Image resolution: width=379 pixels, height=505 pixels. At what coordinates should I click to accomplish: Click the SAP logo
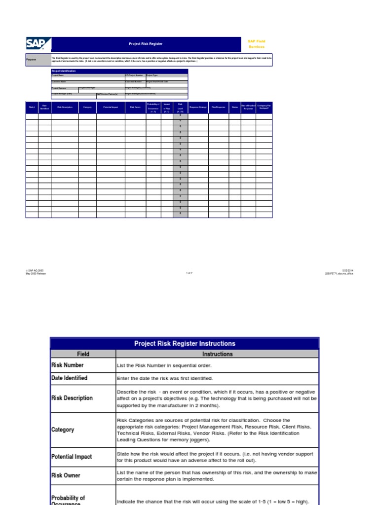[x=36, y=44]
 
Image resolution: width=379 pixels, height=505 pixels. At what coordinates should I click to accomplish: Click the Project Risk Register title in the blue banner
[x=146, y=44]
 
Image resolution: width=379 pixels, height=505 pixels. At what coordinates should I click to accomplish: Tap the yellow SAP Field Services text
[x=256, y=44]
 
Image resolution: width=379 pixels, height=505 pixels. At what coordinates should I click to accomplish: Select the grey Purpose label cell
[x=38, y=60]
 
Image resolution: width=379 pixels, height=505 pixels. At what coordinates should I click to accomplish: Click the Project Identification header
[x=64, y=71]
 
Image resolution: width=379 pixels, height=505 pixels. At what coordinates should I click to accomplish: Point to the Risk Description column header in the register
[x=65, y=107]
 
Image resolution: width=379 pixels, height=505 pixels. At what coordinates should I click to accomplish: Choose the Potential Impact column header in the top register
[x=111, y=107]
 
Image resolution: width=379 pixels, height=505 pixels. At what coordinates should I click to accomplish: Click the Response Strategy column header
[x=198, y=107]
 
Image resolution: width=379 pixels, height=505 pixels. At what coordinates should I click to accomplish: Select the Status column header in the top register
[x=234, y=107]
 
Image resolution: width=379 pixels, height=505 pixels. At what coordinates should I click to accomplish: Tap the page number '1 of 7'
[x=189, y=273]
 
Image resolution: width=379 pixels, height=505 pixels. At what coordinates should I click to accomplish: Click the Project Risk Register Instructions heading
[x=185, y=343]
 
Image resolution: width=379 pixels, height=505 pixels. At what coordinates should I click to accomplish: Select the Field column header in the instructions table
[x=83, y=354]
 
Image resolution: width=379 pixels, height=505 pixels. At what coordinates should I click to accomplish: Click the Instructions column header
[x=217, y=354]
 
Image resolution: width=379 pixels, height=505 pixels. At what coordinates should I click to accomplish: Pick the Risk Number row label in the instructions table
[x=68, y=365]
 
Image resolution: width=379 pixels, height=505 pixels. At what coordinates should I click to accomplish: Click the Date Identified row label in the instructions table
[x=69, y=378]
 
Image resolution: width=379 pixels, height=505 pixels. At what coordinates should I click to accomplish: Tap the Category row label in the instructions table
[x=63, y=430]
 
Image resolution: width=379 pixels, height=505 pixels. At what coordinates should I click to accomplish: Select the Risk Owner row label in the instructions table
[x=66, y=475]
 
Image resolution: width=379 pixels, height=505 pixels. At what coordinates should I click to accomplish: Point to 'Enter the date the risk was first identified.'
[x=165, y=378]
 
